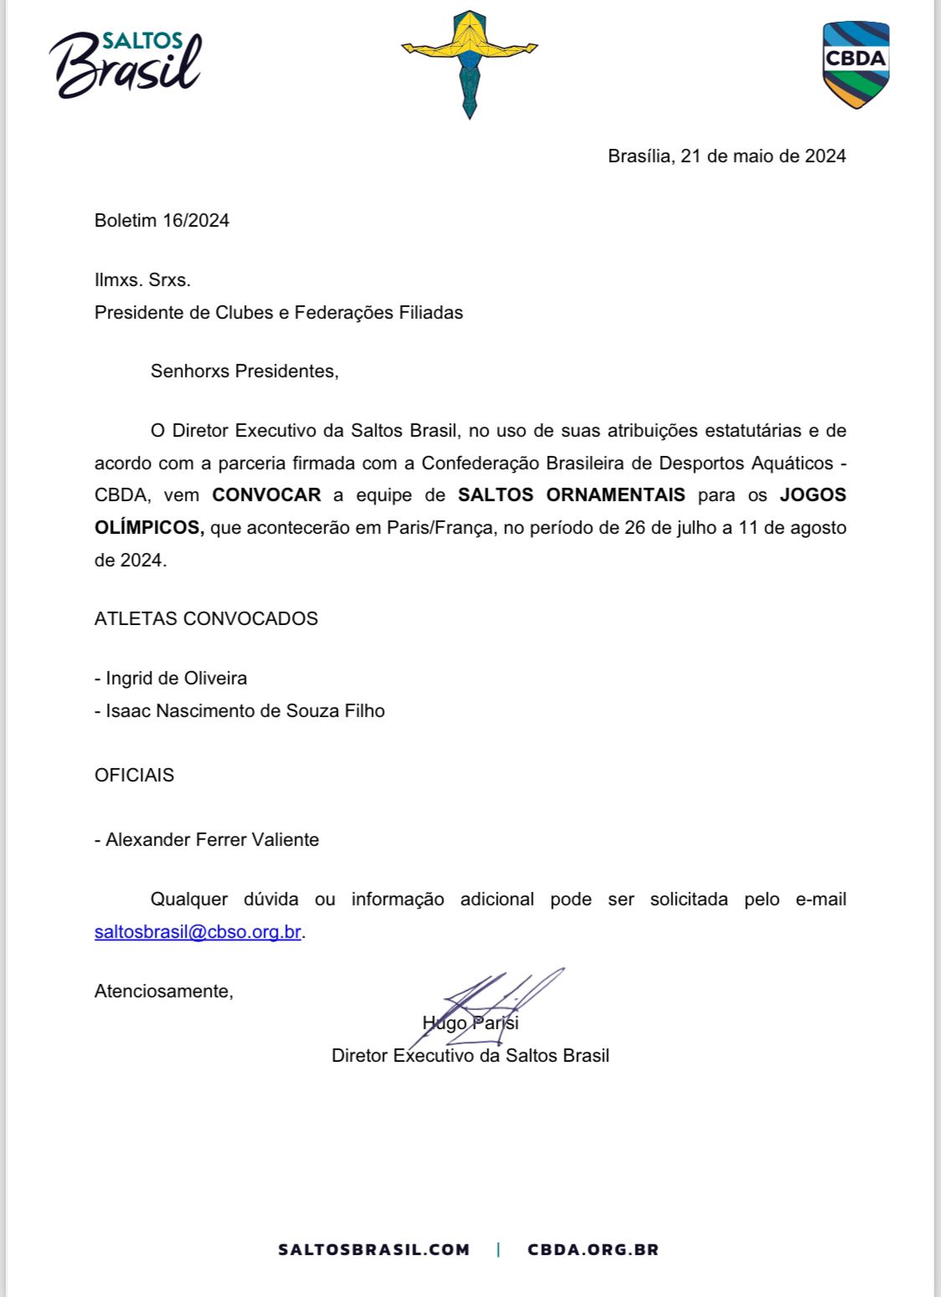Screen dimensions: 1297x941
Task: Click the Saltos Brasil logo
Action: tap(125, 64)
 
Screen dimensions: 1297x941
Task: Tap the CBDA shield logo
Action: tap(855, 64)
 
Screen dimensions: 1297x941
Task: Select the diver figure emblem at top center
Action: tap(469, 63)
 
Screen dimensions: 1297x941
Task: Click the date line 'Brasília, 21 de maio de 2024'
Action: tap(726, 156)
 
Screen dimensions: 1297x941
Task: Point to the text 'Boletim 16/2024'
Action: tap(161, 221)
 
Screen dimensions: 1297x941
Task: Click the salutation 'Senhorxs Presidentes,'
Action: tap(244, 372)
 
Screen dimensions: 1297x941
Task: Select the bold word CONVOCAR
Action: tap(266, 495)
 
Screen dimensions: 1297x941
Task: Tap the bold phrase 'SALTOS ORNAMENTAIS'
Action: tap(571, 495)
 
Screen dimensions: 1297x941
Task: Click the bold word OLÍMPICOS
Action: tap(149, 528)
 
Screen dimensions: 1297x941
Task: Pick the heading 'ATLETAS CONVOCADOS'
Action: tap(206, 619)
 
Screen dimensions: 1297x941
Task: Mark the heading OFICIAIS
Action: tap(134, 776)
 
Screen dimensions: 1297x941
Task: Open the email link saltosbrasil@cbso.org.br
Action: tap(197, 932)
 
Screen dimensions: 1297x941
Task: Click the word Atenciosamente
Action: tap(163, 992)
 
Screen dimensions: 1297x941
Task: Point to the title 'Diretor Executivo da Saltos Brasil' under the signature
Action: tap(470, 1056)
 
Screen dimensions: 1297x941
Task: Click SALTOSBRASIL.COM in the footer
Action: tap(374, 1250)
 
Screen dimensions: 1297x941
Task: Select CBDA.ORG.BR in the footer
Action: tap(593, 1250)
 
